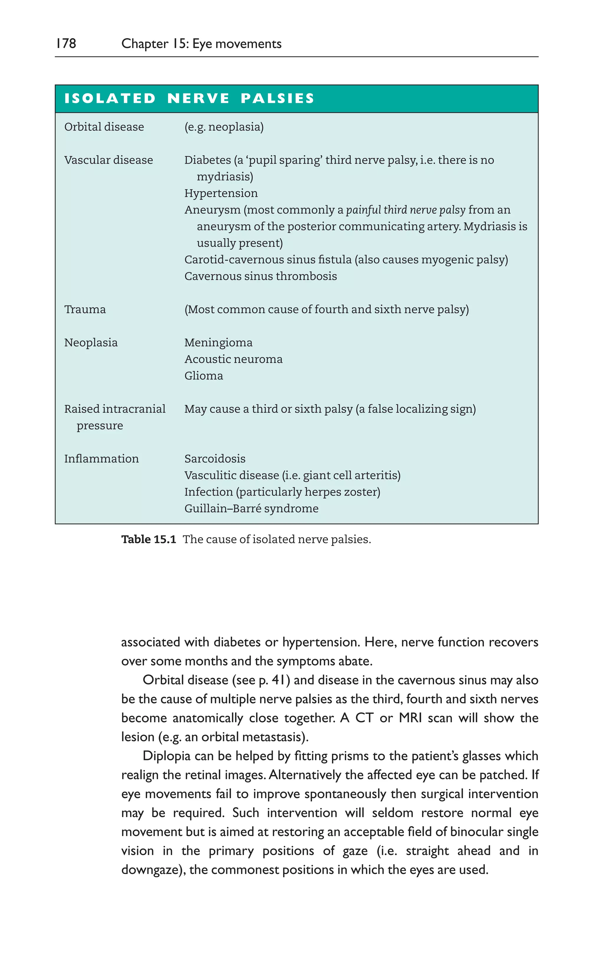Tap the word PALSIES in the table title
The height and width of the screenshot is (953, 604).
pyautogui.click(x=278, y=98)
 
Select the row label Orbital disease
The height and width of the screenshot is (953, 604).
pyautogui.click(x=104, y=127)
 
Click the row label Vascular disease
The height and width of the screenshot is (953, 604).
pyautogui.click(x=109, y=160)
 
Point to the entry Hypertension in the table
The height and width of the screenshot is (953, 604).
pyautogui.click(x=221, y=193)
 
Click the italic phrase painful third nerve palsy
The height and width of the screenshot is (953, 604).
pyautogui.click(x=406, y=210)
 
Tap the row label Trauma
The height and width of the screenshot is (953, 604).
pyautogui.click(x=85, y=310)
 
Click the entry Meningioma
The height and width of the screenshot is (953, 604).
pyautogui.click(x=218, y=343)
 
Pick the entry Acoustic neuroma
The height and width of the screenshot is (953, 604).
pyautogui.click(x=233, y=359)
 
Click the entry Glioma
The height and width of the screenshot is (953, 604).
pyautogui.click(x=203, y=376)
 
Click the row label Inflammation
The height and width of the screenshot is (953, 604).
pyautogui.click(x=101, y=459)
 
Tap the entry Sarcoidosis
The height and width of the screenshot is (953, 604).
pyautogui.click(x=215, y=459)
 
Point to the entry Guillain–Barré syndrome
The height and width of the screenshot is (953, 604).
pyautogui.click(x=251, y=508)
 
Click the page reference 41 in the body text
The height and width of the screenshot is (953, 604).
pyautogui.click(x=279, y=680)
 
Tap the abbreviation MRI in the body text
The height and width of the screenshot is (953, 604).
pyautogui.click(x=410, y=718)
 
